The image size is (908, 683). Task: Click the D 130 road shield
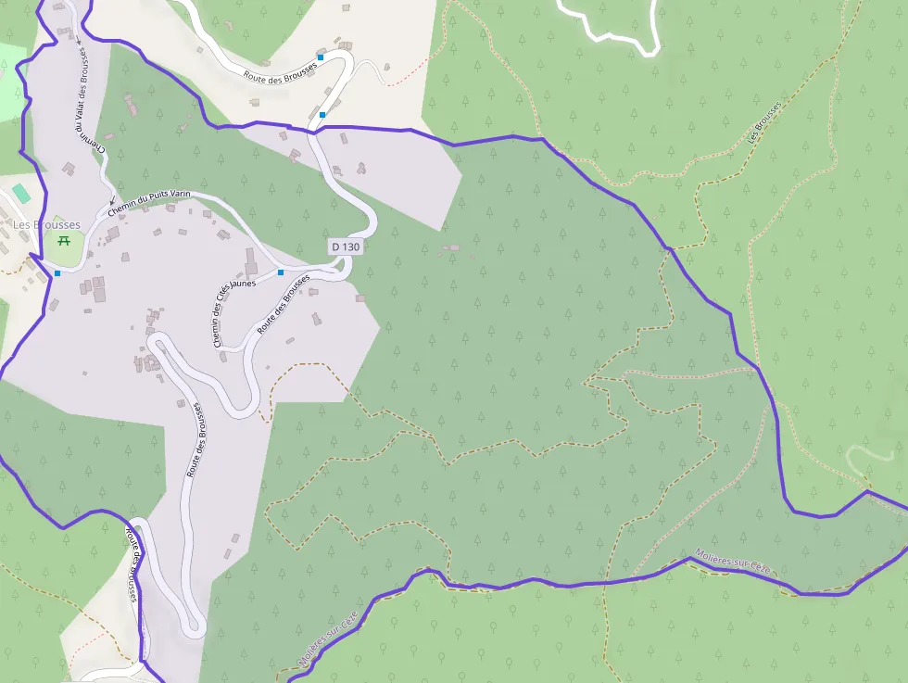[x=345, y=247]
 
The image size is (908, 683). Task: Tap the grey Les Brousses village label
[x=46, y=224]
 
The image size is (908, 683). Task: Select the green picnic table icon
[x=65, y=241]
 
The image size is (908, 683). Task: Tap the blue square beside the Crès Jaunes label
[x=281, y=272]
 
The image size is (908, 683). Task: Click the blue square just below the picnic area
[x=57, y=273]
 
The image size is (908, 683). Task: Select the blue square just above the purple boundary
[x=322, y=114]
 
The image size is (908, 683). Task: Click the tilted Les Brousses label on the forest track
[x=764, y=124]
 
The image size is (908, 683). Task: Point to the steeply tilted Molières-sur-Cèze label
[x=330, y=639]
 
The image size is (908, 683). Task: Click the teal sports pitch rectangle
[x=20, y=193]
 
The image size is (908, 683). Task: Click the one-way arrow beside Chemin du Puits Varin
[x=113, y=199]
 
